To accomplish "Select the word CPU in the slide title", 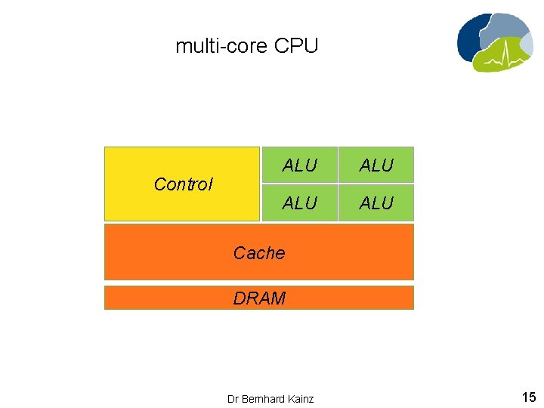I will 296,46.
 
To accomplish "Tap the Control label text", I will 183,184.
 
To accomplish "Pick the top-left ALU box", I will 299,165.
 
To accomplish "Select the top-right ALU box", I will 376,165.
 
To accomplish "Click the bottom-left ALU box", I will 299,202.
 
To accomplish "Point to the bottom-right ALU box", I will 376,202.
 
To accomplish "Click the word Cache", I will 259,253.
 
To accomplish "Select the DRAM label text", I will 259,298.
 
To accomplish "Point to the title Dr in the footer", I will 233,398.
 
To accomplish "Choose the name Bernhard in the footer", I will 264,398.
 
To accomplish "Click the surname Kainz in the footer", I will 300,398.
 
